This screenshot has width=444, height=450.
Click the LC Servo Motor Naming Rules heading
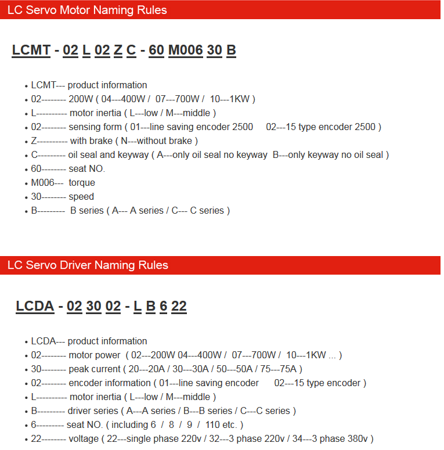[x=87, y=10]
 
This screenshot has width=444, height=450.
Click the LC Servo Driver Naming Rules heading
[x=88, y=265]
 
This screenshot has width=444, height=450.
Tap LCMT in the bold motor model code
[x=31, y=50]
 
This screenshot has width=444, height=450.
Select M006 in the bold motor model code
[x=185, y=50]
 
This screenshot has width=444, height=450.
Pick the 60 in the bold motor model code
[x=156, y=50]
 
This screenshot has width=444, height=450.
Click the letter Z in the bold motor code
[x=118, y=50]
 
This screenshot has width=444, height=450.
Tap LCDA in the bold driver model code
[x=35, y=306]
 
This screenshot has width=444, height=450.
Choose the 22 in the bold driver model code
[x=179, y=306]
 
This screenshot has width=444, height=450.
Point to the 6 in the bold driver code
[x=163, y=306]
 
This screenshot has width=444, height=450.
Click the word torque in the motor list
[x=82, y=183]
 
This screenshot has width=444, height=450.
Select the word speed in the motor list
[x=81, y=197]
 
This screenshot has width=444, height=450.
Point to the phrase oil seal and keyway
[x=107, y=155]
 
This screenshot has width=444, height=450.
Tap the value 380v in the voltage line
[x=358, y=439]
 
